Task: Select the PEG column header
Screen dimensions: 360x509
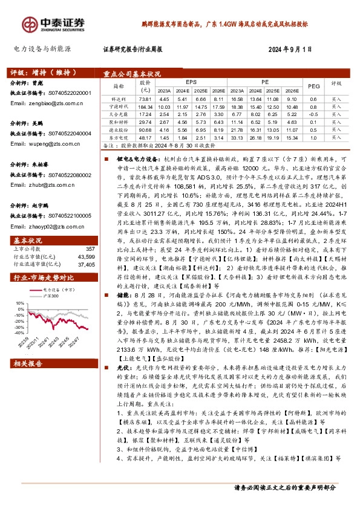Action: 313,86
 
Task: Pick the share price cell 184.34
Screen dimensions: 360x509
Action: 145,106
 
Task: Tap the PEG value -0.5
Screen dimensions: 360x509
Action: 313,114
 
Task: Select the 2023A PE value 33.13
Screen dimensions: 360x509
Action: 237,137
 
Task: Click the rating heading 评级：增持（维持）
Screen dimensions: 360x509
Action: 37,70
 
